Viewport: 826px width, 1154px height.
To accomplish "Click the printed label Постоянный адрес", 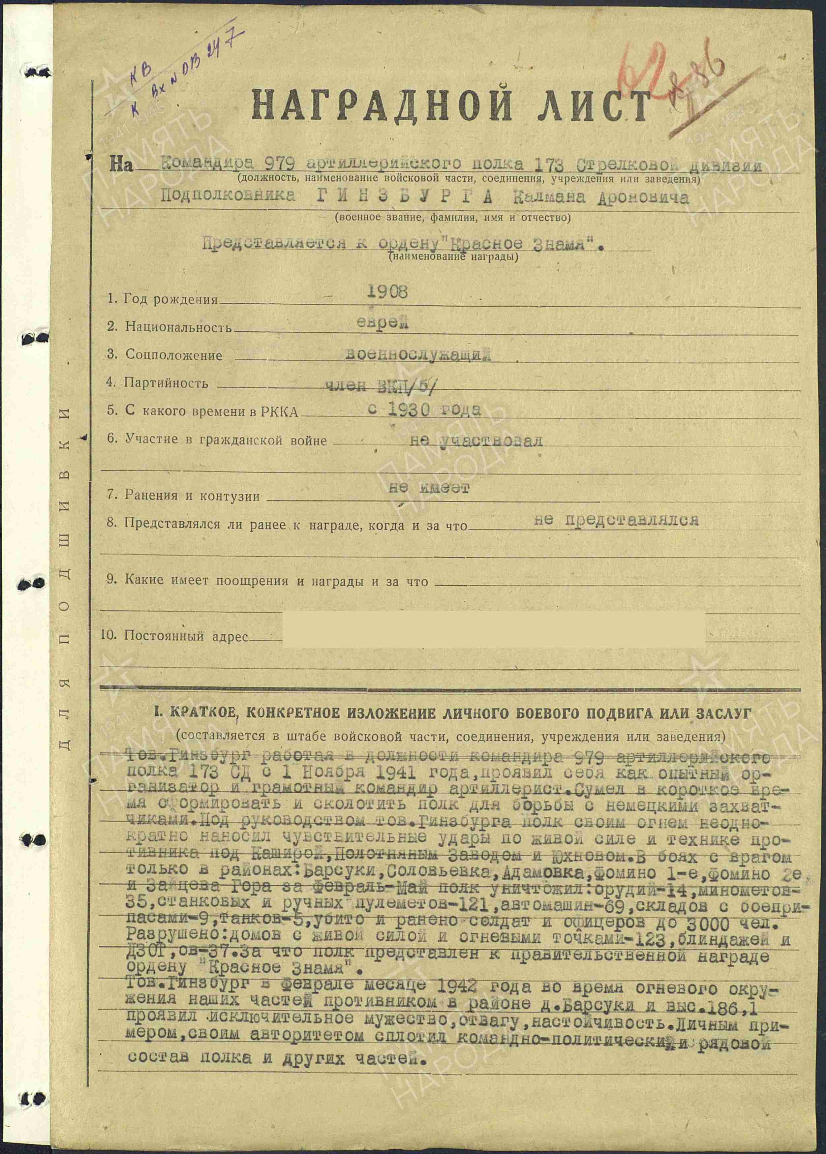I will (186, 636).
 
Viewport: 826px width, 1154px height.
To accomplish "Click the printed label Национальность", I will (178, 327).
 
